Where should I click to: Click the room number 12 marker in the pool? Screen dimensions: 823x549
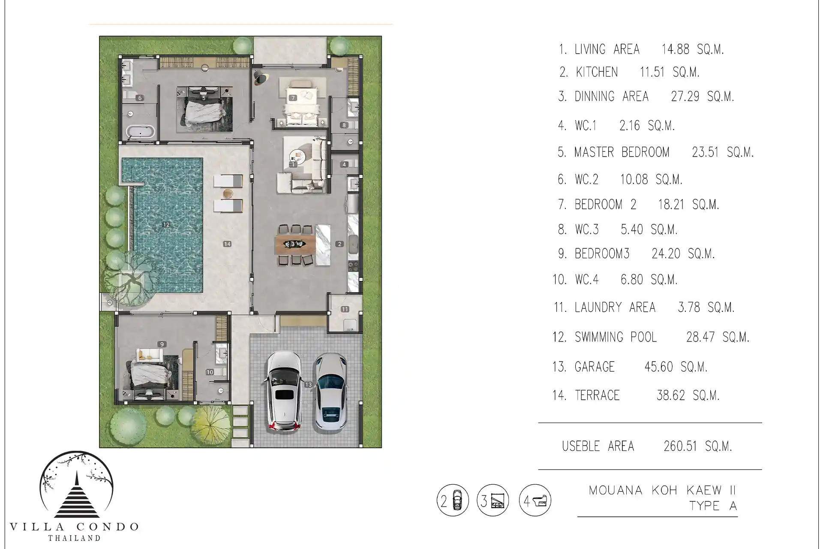click(166, 224)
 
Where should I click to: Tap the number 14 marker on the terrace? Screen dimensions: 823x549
click(227, 244)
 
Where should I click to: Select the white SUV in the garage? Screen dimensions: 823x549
click(283, 391)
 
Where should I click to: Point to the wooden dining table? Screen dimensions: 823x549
click(295, 244)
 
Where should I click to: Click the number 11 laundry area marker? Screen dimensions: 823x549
click(345, 309)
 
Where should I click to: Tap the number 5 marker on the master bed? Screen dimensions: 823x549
click(204, 98)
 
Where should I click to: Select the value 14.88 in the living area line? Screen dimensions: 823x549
click(676, 49)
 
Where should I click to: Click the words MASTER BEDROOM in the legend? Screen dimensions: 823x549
click(622, 152)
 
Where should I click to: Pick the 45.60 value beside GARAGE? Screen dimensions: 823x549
click(658, 367)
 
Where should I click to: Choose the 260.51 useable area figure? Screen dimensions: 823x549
click(681, 446)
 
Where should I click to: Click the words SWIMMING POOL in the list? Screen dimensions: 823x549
click(616, 337)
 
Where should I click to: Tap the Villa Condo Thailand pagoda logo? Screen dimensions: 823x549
click(76, 484)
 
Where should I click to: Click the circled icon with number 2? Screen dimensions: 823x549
click(453, 501)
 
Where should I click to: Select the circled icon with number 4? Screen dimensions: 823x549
click(535, 500)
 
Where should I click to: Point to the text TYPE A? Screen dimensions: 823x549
click(713, 506)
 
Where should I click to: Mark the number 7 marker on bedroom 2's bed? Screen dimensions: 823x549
click(293, 98)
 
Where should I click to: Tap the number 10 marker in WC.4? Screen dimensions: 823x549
click(210, 372)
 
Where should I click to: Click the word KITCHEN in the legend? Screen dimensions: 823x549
click(597, 72)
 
